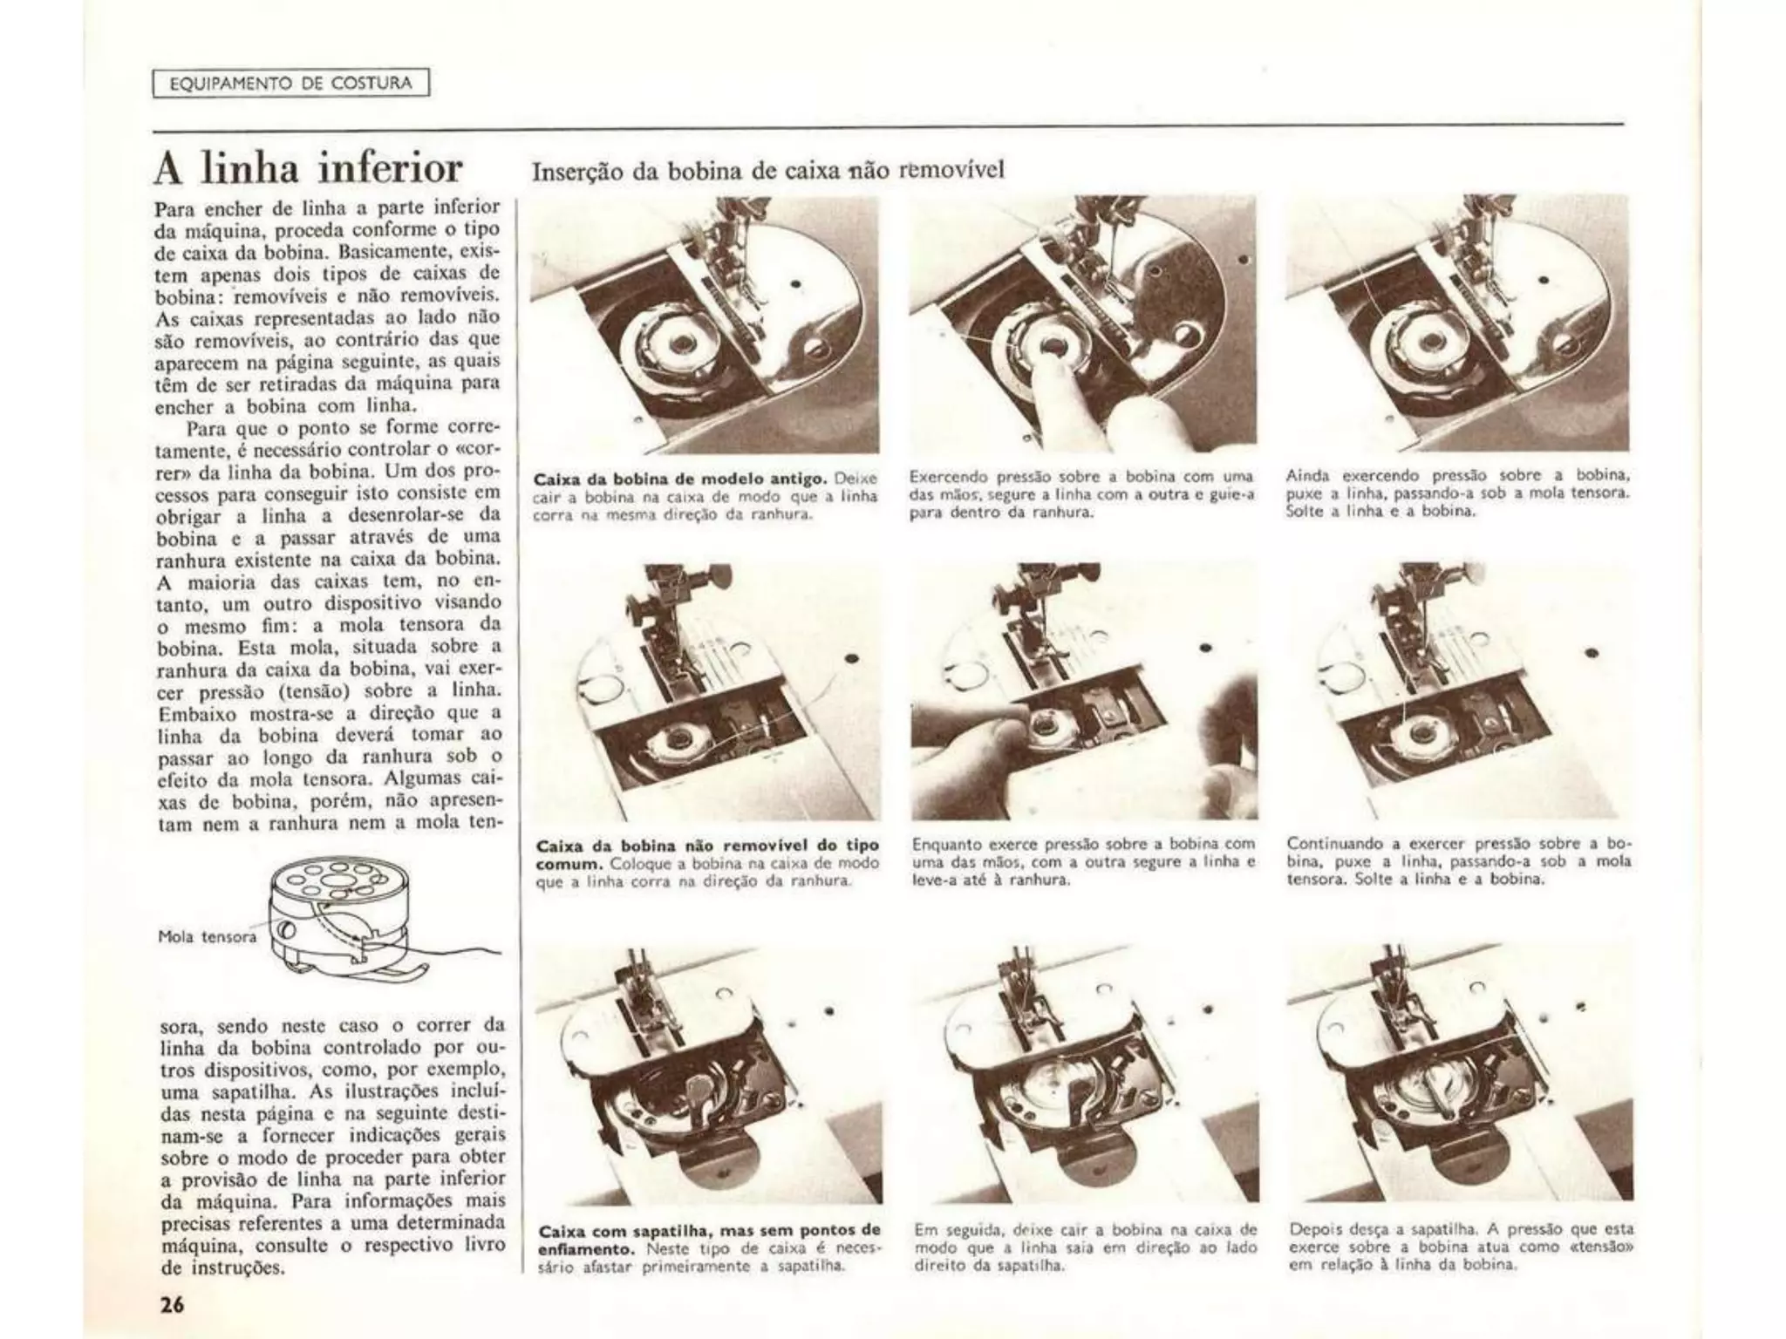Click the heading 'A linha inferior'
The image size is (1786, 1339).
click(x=308, y=168)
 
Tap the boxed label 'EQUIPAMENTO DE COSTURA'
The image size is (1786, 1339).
click(x=291, y=84)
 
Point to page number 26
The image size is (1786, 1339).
click(x=172, y=1304)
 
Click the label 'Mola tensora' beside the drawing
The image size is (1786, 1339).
click(x=208, y=936)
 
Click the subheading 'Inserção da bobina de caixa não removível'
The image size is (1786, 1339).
click(x=767, y=169)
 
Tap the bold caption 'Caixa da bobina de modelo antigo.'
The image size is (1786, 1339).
click(x=681, y=479)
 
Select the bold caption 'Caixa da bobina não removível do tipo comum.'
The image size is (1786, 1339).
click(x=707, y=853)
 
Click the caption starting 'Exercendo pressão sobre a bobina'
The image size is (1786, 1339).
click(x=1081, y=494)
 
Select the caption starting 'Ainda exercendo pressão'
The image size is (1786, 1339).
click(x=1457, y=493)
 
